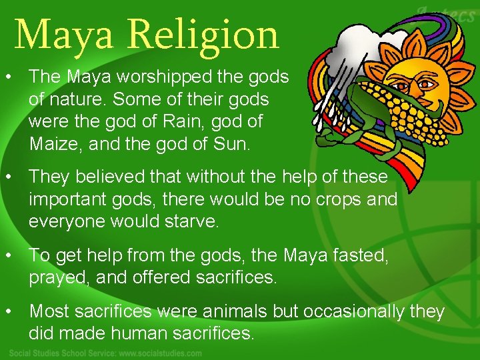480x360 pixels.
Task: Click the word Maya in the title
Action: point(65,35)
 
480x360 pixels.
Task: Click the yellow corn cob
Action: point(400,123)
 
